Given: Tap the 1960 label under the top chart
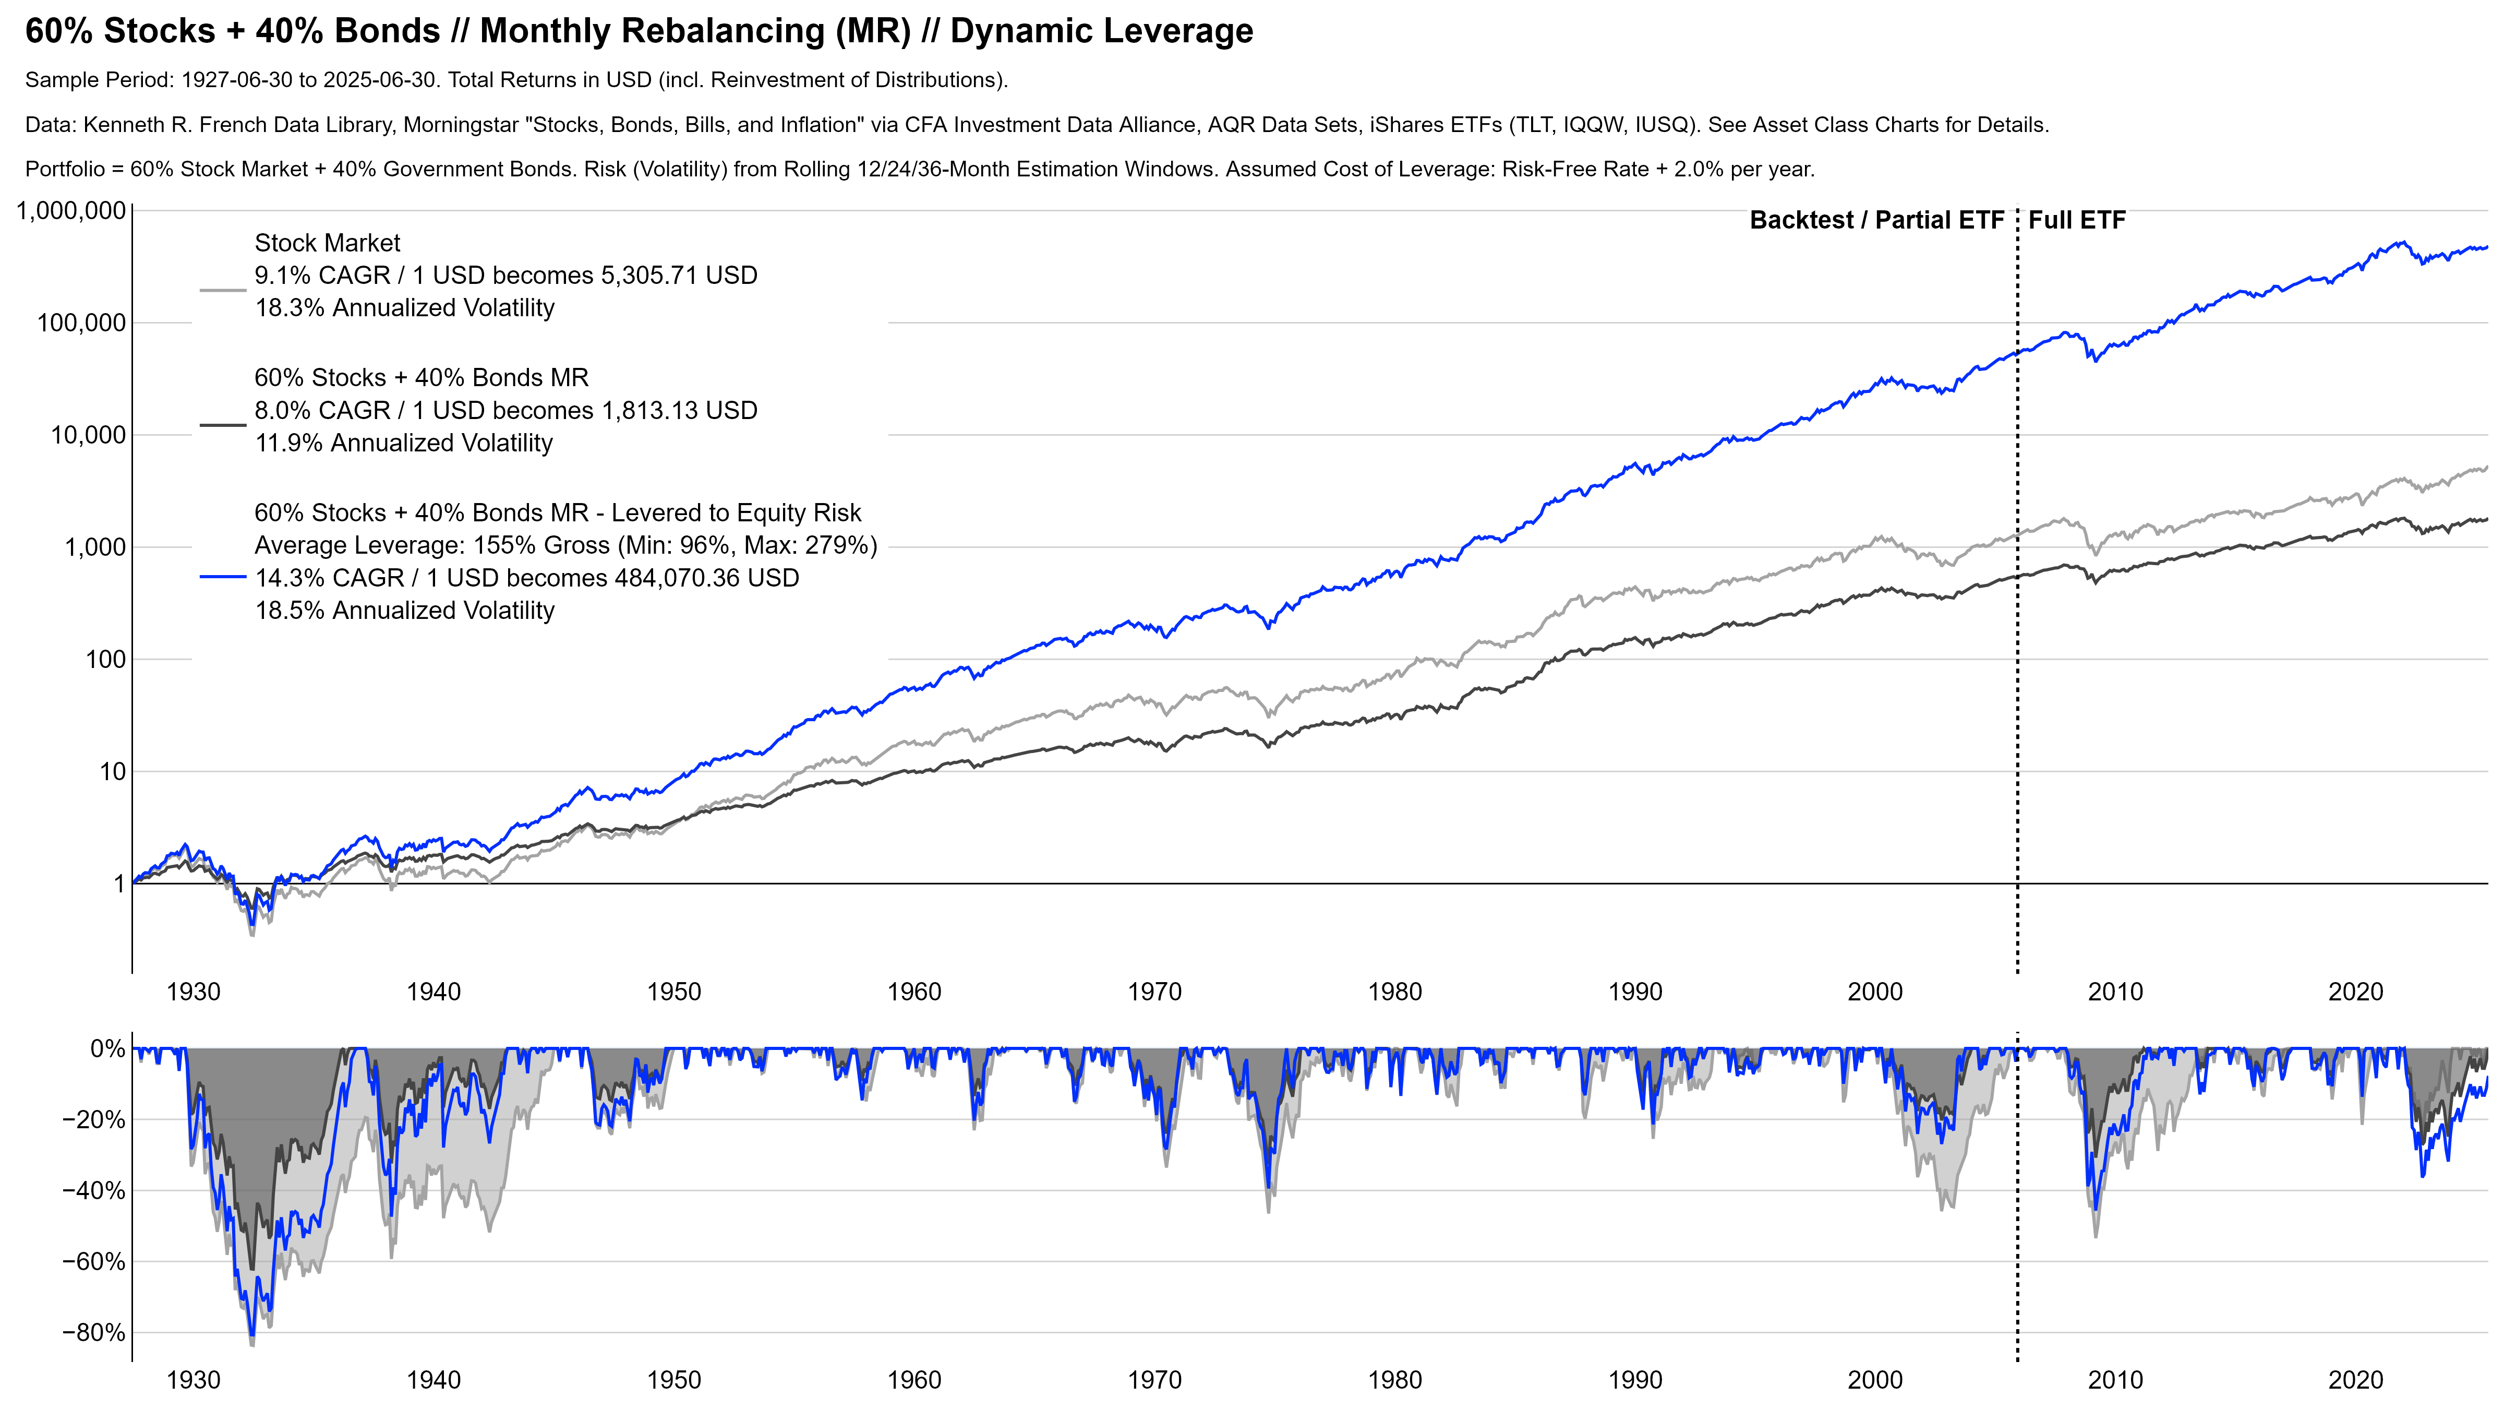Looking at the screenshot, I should pyautogui.click(x=914, y=992).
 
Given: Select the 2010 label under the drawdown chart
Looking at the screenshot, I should pyautogui.click(x=2115, y=1380).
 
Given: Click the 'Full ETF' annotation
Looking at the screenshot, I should pyautogui.click(x=2076, y=221).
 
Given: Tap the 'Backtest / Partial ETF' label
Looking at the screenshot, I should pyautogui.click(x=1876, y=221).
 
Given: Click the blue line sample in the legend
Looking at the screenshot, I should pyautogui.click(x=223, y=578).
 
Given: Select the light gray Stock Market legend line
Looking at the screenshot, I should pyautogui.click(x=223, y=290).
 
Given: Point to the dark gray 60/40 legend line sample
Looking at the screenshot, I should pyautogui.click(x=223, y=425).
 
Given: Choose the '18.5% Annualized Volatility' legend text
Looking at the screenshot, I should pyautogui.click(x=404, y=611).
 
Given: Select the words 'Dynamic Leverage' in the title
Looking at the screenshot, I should pyautogui.click(x=1101, y=31).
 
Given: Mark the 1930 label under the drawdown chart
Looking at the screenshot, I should pyautogui.click(x=194, y=1380).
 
